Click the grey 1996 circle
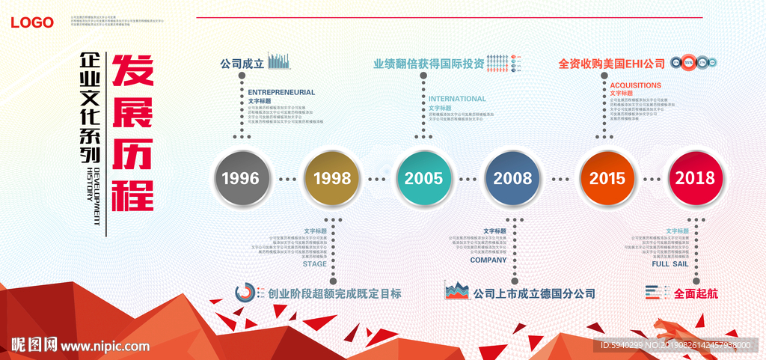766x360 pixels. (x=240, y=178)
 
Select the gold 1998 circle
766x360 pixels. (x=332, y=178)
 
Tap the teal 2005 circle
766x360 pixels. (x=423, y=178)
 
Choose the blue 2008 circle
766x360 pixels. (x=512, y=178)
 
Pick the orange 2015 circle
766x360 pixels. (x=607, y=178)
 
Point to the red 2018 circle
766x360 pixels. (x=695, y=178)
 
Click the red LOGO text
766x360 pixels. (x=32, y=22)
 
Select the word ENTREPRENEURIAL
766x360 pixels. (x=281, y=92)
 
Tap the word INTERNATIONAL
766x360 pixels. (x=457, y=99)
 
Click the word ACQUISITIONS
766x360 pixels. (x=635, y=85)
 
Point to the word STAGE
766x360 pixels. (x=314, y=264)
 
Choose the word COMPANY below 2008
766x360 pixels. (x=488, y=260)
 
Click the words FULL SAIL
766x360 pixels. (x=670, y=264)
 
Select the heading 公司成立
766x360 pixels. (x=242, y=64)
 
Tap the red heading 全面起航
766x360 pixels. (x=696, y=293)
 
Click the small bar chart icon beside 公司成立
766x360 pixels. (x=279, y=61)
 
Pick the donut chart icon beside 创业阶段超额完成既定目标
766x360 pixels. (x=245, y=293)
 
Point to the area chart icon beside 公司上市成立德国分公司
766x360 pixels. (x=457, y=291)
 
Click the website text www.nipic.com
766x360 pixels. (x=105, y=346)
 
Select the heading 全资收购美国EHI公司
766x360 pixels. (x=611, y=64)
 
